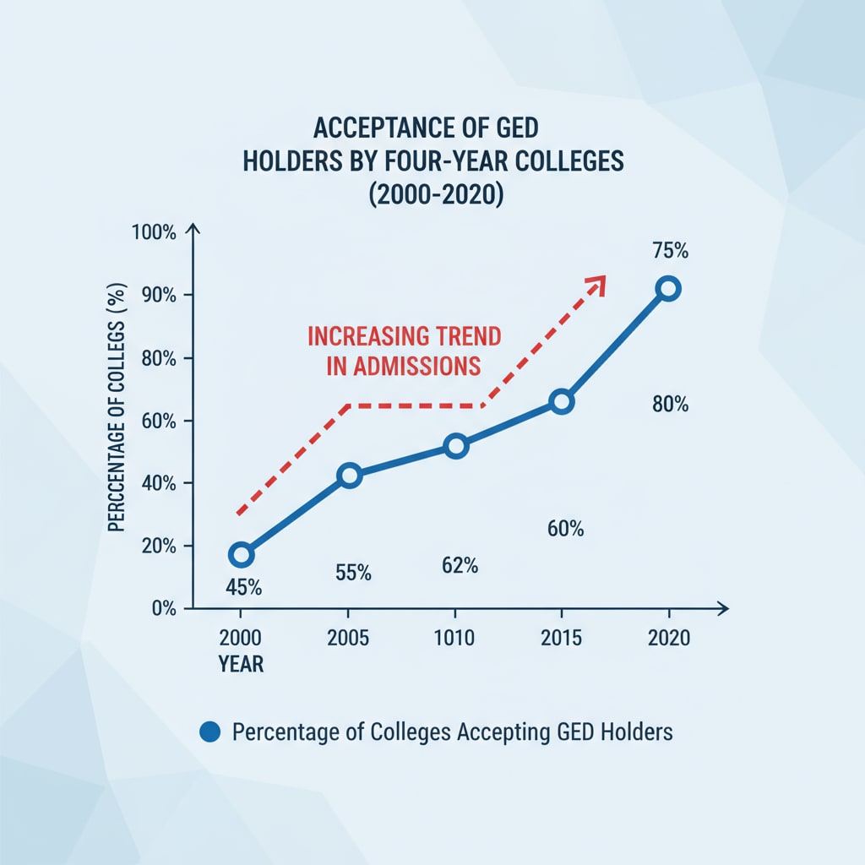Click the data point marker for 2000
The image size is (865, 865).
click(x=241, y=555)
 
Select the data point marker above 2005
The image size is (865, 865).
click(x=349, y=476)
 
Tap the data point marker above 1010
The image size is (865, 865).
click(x=456, y=446)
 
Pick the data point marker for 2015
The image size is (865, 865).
click(x=562, y=402)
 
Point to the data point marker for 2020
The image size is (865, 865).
click(x=668, y=289)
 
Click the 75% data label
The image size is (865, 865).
click(x=671, y=251)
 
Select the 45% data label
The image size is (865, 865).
click(x=242, y=586)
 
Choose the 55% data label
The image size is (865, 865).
click(x=353, y=572)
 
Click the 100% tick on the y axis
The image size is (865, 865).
click(x=154, y=232)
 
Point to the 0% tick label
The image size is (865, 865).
click(x=160, y=608)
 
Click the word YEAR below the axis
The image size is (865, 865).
click(x=241, y=665)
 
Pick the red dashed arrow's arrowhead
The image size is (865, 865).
click(x=597, y=283)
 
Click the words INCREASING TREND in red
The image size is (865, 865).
click(x=404, y=335)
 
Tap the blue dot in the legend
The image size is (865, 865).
click(x=209, y=732)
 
